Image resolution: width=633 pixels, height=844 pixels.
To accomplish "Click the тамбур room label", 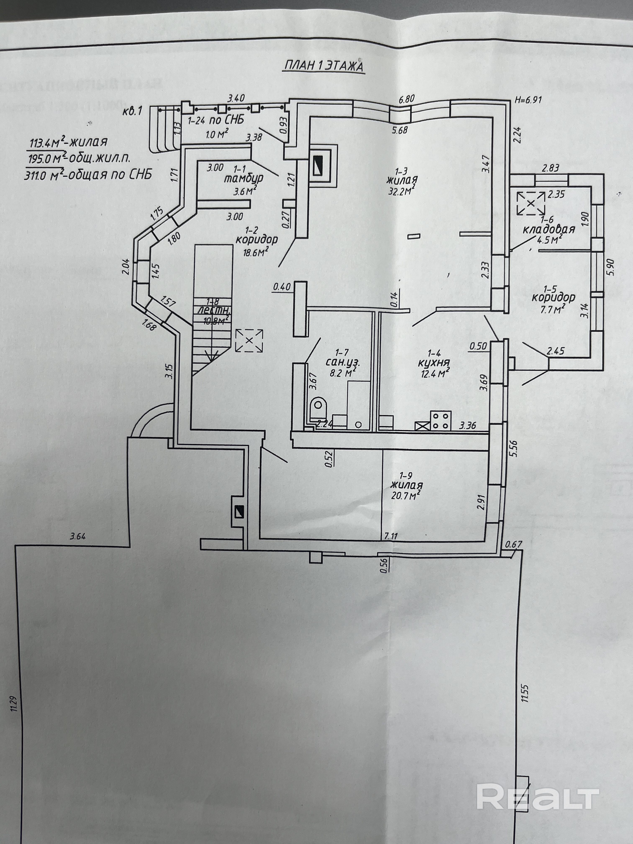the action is pos(243,179).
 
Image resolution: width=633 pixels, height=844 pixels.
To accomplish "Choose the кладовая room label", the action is pos(548,230).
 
